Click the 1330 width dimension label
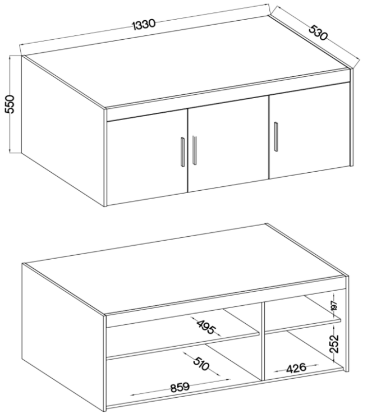coord(144,24)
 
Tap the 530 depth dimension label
coord(318,33)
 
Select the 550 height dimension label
coord(10,104)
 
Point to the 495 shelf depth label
coord(205,327)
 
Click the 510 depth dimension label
coord(200,364)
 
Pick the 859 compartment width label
coord(180,387)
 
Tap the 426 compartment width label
coord(296,369)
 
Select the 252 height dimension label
coord(334,343)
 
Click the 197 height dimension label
coord(334,306)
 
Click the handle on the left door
coord(183,152)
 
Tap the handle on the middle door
coord(194,150)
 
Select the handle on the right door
coord(275,136)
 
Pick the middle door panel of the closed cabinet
coord(228,144)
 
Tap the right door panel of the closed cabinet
coord(309,131)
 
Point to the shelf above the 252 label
coord(303,326)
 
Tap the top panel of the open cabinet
coord(184,269)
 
